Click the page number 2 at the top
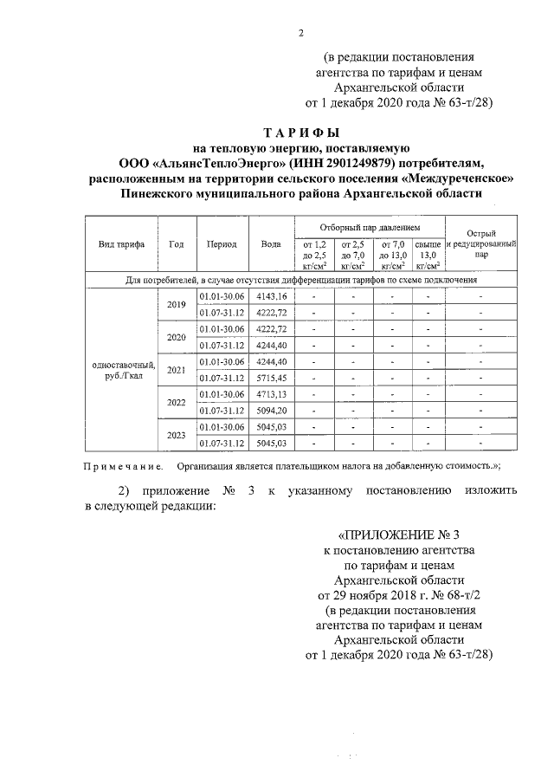(300, 34)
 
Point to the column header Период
(222, 244)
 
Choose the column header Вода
(270, 244)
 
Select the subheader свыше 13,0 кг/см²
(427, 256)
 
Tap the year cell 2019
(177, 304)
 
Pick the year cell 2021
(177, 369)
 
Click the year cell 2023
(177, 434)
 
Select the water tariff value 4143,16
(271, 296)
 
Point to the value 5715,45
(271, 378)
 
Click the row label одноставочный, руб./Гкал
(116, 370)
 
